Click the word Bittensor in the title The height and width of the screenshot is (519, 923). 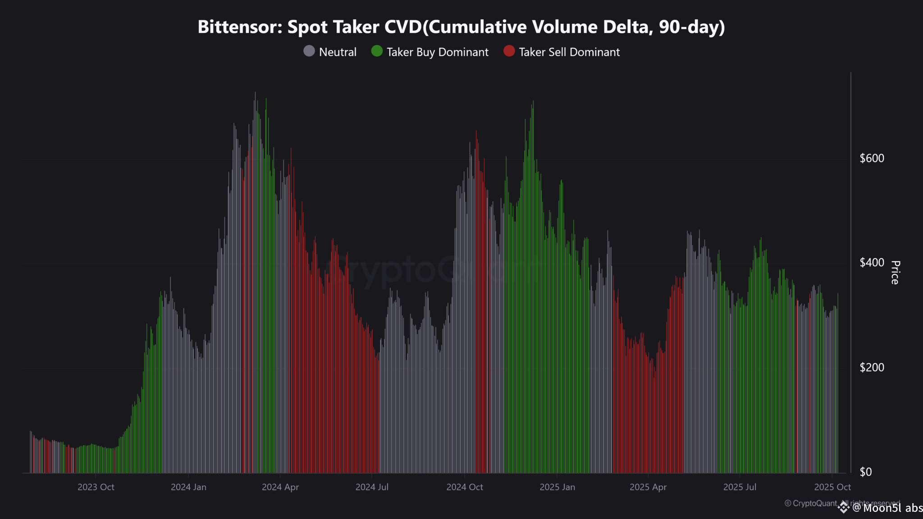click(239, 27)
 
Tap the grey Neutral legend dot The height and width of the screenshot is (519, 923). click(309, 51)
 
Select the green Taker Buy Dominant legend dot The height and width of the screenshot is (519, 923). click(377, 51)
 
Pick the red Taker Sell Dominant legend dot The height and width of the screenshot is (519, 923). click(509, 51)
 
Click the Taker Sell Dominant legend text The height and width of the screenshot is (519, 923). click(569, 52)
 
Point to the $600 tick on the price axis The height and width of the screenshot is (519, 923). click(872, 158)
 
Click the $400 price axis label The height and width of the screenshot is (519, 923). click(872, 263)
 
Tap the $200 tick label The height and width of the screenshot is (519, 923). click(872, 367)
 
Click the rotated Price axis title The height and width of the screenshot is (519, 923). click(895, 272)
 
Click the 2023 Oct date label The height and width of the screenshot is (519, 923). click(96, 487)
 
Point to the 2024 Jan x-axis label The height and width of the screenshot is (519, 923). click(188, 487)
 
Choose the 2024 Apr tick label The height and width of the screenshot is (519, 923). click(280, 487)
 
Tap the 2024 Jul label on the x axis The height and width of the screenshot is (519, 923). click(372, 487)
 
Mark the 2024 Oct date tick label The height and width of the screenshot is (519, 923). click(465, 487)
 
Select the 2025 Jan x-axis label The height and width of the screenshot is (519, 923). click(557, 487)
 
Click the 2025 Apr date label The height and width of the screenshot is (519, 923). click(648, 487)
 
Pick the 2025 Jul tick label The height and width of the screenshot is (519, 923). click(740, 487)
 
